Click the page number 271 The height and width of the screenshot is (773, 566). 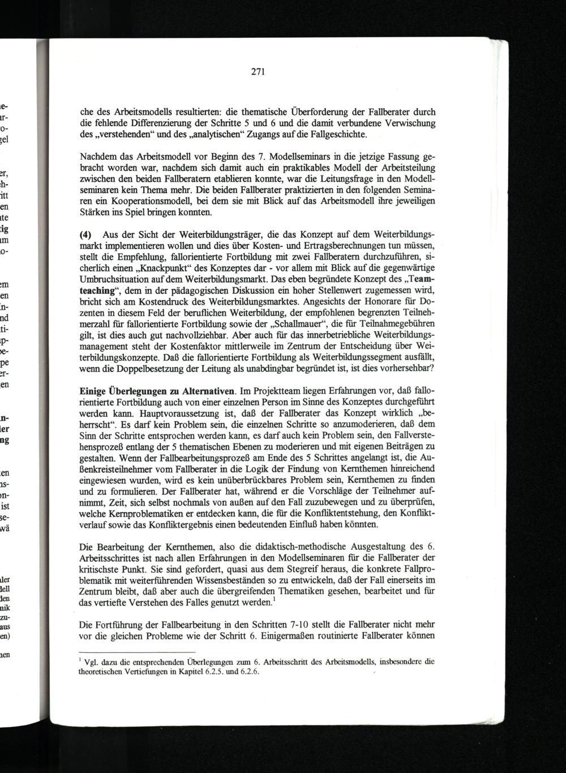(258, 72)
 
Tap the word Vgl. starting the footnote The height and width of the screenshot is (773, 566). (89, 661)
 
